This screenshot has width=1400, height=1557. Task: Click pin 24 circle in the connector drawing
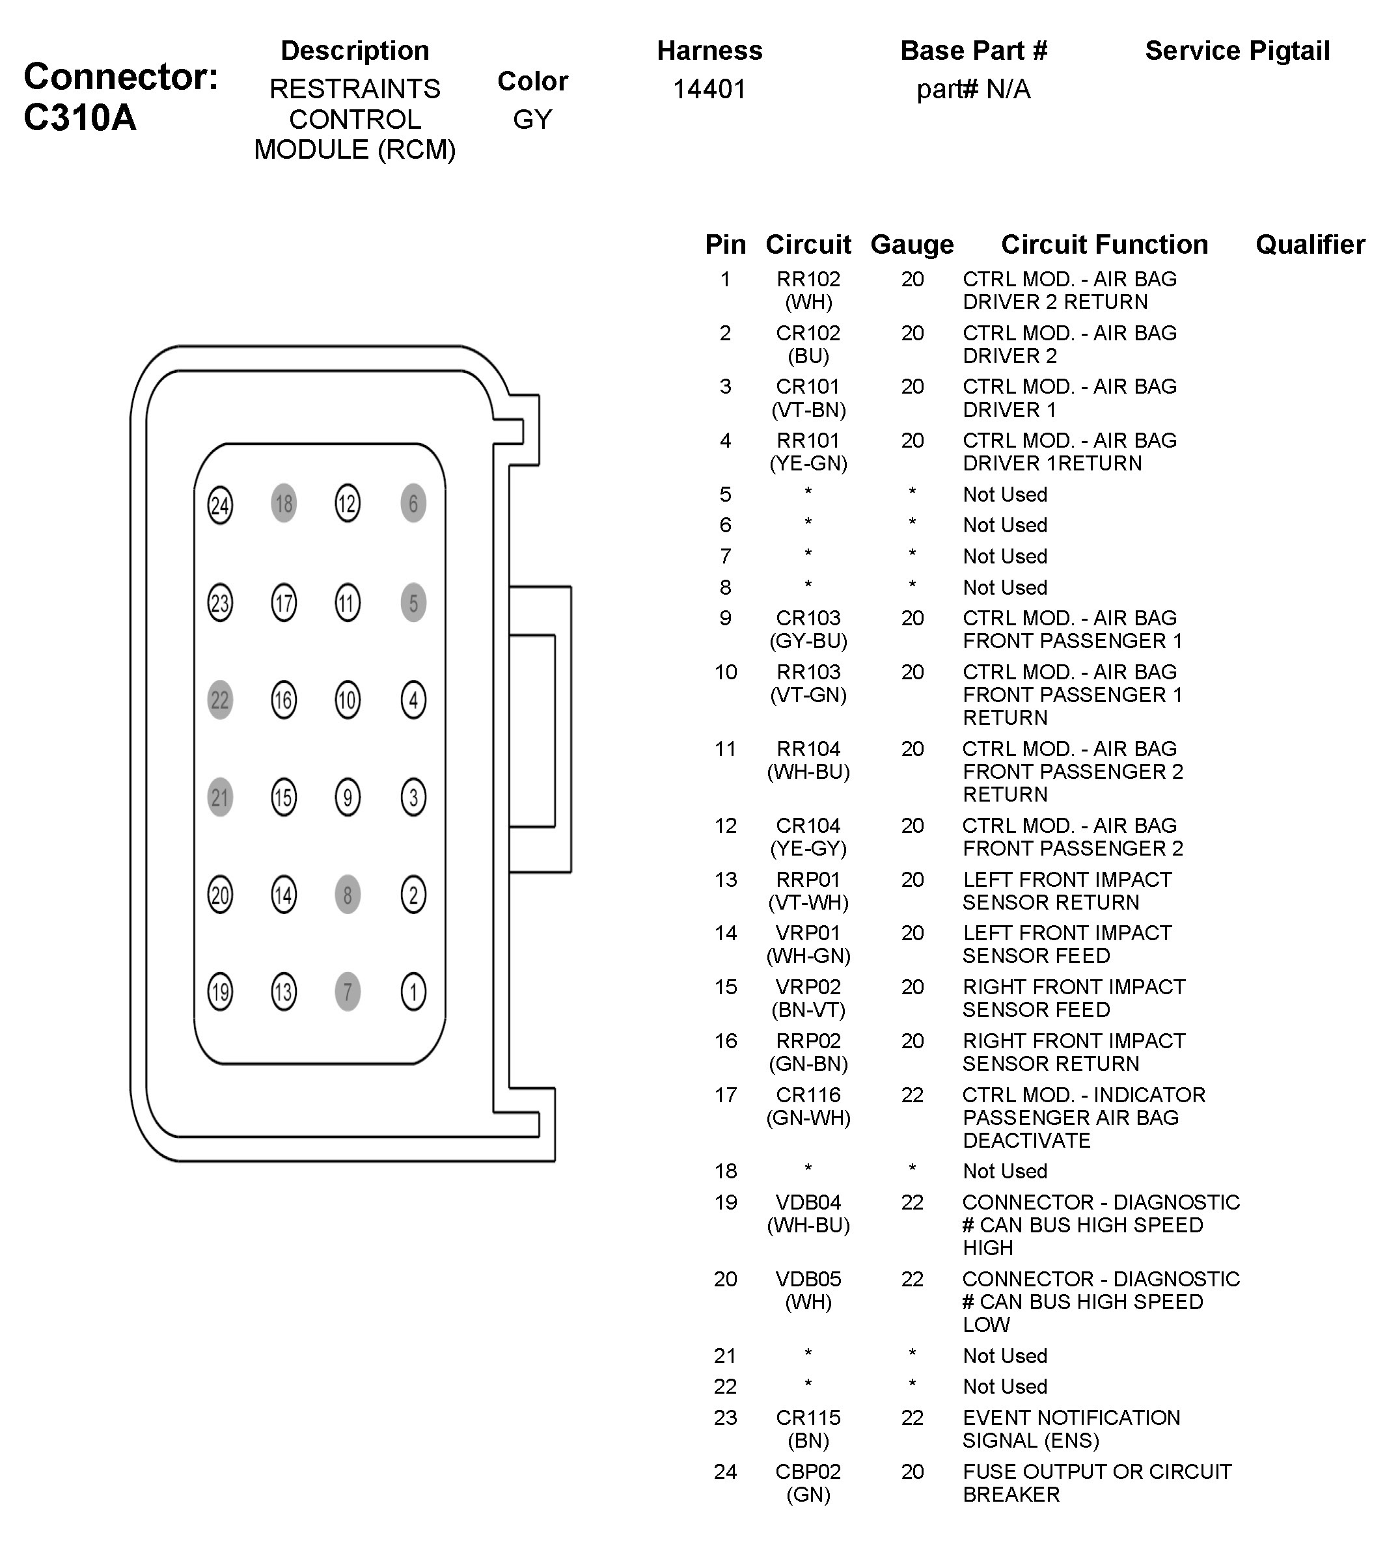[220, 505]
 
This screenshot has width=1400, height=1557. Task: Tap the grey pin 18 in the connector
[284, 504]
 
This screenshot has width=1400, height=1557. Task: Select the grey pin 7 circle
[348, 991]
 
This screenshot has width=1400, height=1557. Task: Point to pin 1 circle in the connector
[413, 991]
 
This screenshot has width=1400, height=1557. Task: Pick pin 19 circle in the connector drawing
[220, 991]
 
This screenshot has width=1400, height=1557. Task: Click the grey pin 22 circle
[220, 699]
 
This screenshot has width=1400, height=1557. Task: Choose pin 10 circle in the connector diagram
[348, 699]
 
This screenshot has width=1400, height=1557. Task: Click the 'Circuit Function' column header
[1104, 245]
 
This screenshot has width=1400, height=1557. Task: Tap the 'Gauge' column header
[912, 245]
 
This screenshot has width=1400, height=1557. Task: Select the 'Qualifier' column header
[1310, 245]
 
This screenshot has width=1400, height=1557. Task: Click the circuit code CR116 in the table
[808, 1094]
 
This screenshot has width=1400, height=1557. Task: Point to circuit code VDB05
[808, 1279]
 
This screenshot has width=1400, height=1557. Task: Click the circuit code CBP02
[808, 1471]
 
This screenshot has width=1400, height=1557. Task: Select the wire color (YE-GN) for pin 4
[808, 464]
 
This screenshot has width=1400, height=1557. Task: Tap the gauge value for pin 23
[913, 1417]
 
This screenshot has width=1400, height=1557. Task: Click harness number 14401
[709, 89]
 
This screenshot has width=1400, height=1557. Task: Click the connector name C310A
[80, 118]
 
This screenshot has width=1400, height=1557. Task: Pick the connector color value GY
[532, 119]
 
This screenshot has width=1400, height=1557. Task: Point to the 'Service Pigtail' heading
[1237, 51]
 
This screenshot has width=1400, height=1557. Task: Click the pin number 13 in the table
[726, 879]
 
